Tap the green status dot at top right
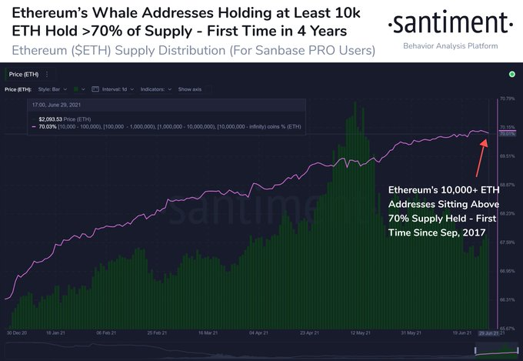(x=511, y=74)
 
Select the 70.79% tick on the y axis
(x=507, y=99)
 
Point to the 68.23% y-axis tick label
(x=507, y=213)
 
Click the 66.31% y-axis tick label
(x=507, y=299)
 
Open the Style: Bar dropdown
(x=53, y=89)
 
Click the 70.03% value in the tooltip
(x=48, y=126)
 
